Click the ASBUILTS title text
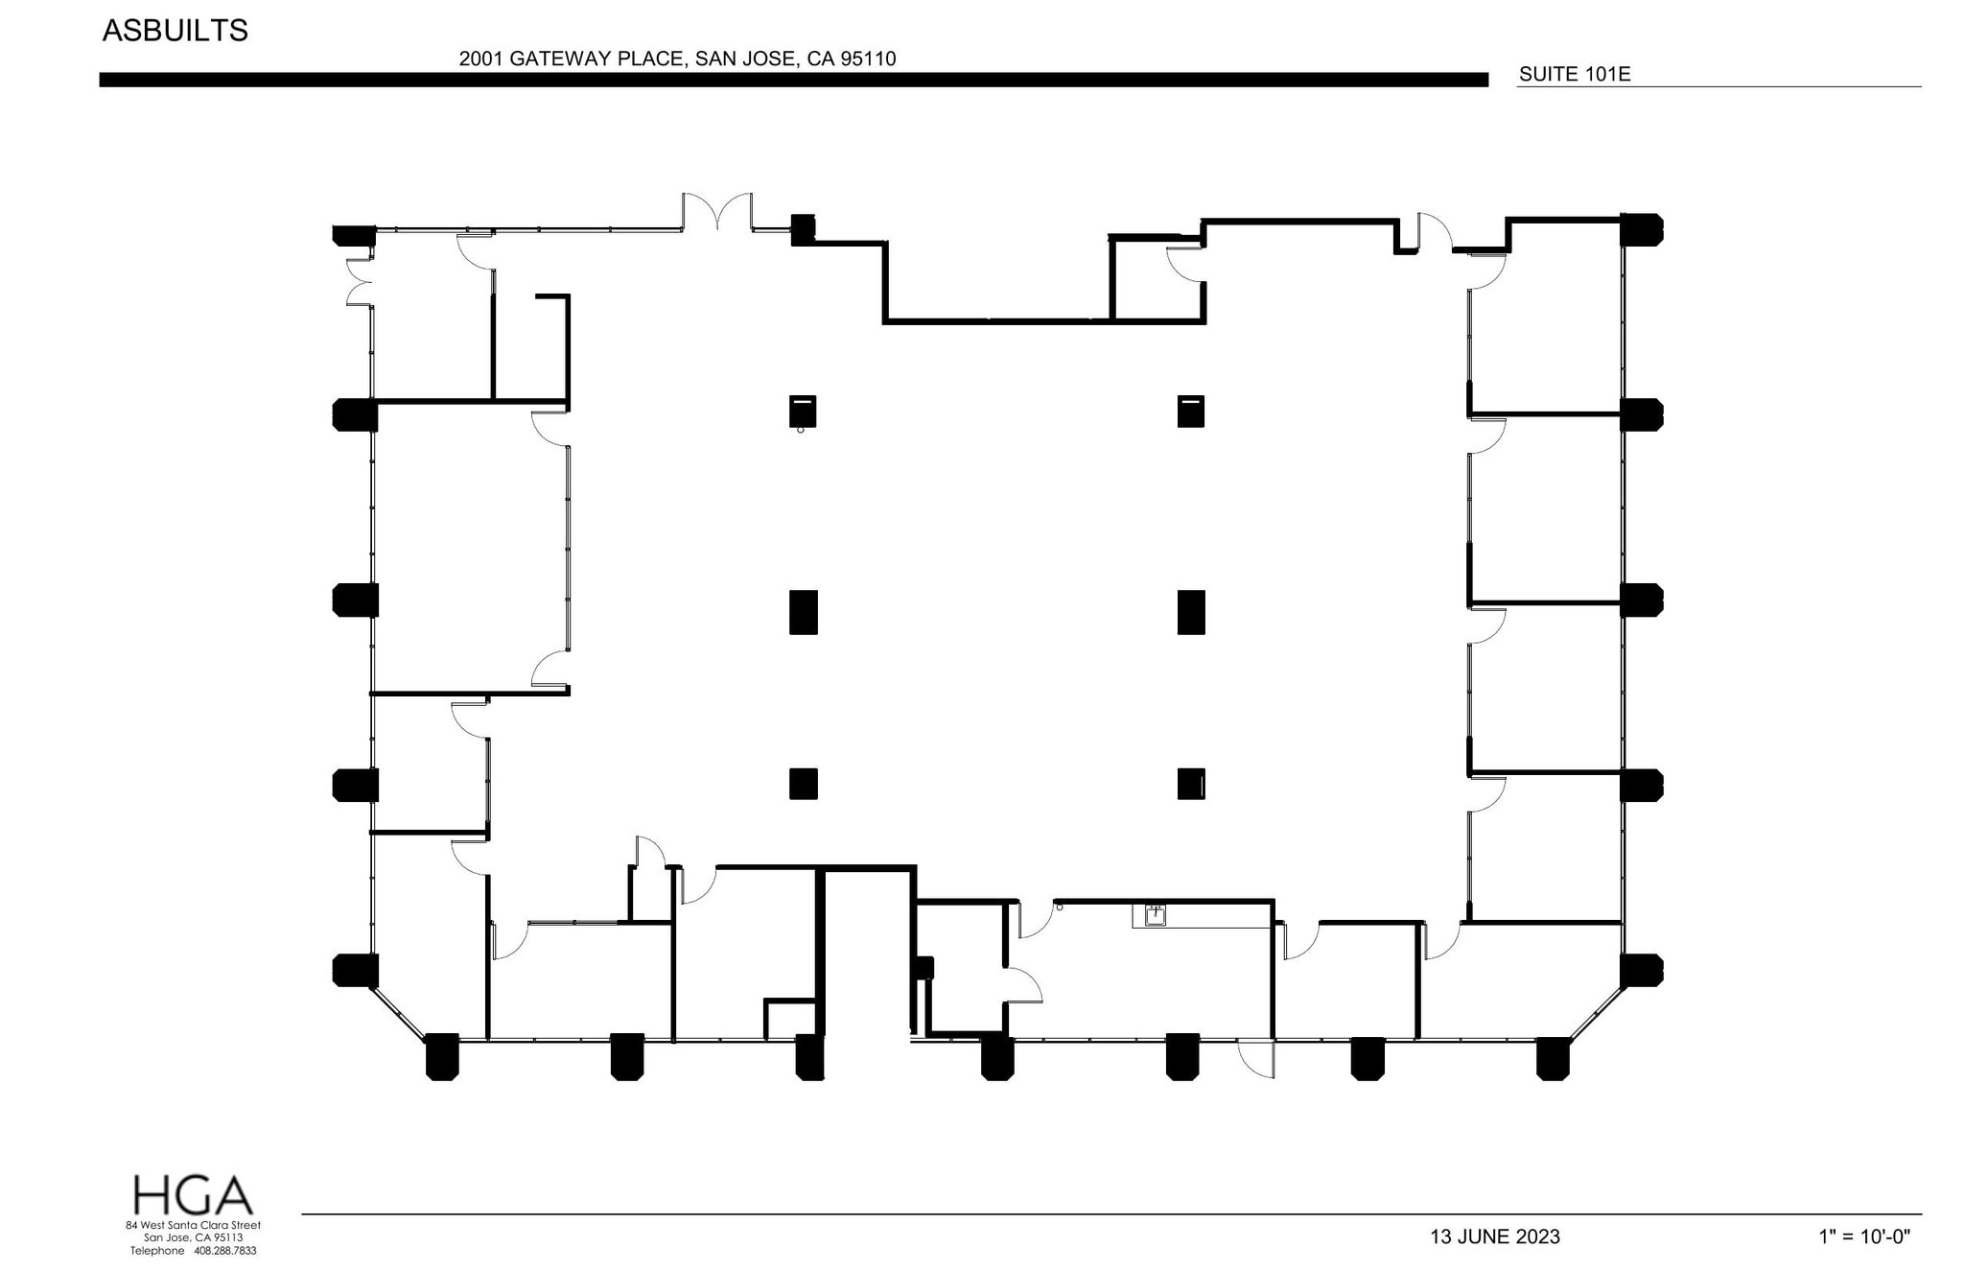click(175, 31)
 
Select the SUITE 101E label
click(1574, 74)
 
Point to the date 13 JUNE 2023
click(1494, 1237)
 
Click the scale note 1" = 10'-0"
click(1864, 1237)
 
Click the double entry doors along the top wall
click(717, 212)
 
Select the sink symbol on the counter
click(1156, 914)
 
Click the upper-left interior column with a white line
click(803, 412)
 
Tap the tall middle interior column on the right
click(1190, 612)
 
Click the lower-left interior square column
click(803, 784)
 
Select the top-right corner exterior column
click(1641, 230)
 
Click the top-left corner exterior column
click(354, 235)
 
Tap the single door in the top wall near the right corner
click(1435, 232)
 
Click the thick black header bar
click(793, 81)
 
